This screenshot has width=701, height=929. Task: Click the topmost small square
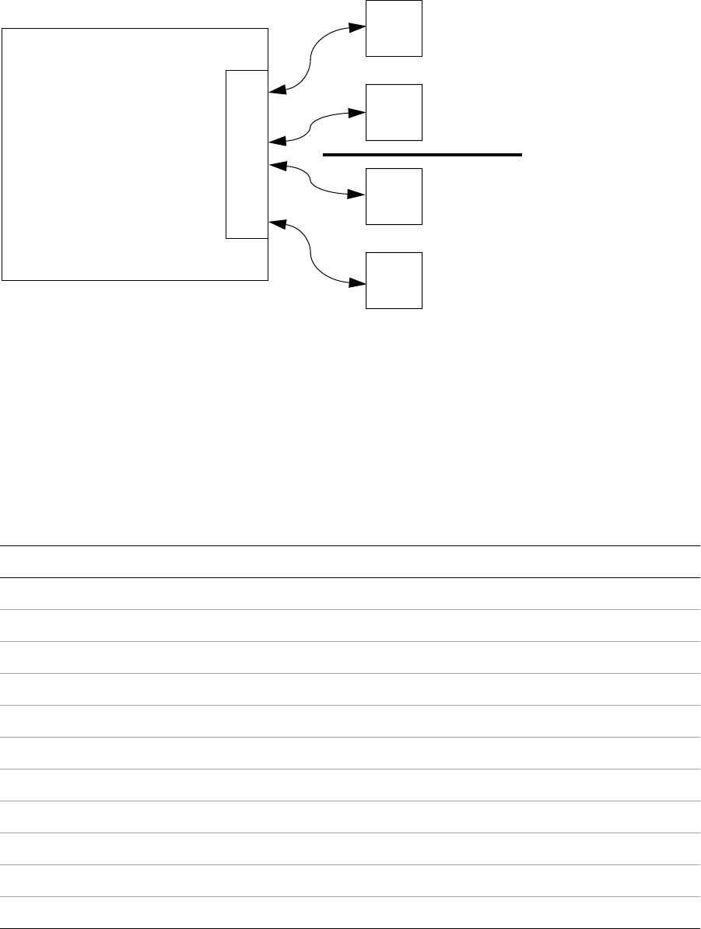[394, 28]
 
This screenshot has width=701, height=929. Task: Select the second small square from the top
[394, 112]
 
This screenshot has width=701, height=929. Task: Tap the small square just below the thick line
[394, 196]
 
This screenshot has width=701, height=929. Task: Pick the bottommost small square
[394, 280]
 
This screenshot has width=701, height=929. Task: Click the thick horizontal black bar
[422, 156]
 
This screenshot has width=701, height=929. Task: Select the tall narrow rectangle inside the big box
[247, 153]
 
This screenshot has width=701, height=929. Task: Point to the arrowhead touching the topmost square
[357, 28]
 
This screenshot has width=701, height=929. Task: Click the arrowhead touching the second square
[357, 112]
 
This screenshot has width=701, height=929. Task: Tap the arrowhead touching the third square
[357, 196]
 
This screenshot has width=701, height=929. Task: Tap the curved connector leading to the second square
[312, 127]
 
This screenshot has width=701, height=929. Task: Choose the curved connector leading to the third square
[312, 181]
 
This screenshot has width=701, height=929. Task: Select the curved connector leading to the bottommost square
[312, 253]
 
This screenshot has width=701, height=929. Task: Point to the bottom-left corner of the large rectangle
[2, 279]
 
